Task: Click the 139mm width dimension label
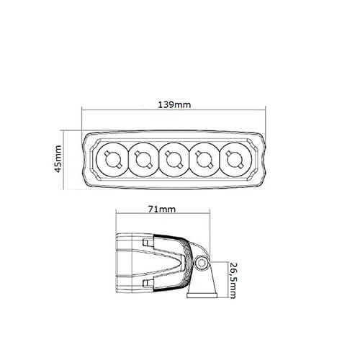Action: point(174,104)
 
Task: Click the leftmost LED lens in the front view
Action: point(112,159)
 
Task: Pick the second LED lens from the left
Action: point(143,159)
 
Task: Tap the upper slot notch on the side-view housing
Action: point(149,244)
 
